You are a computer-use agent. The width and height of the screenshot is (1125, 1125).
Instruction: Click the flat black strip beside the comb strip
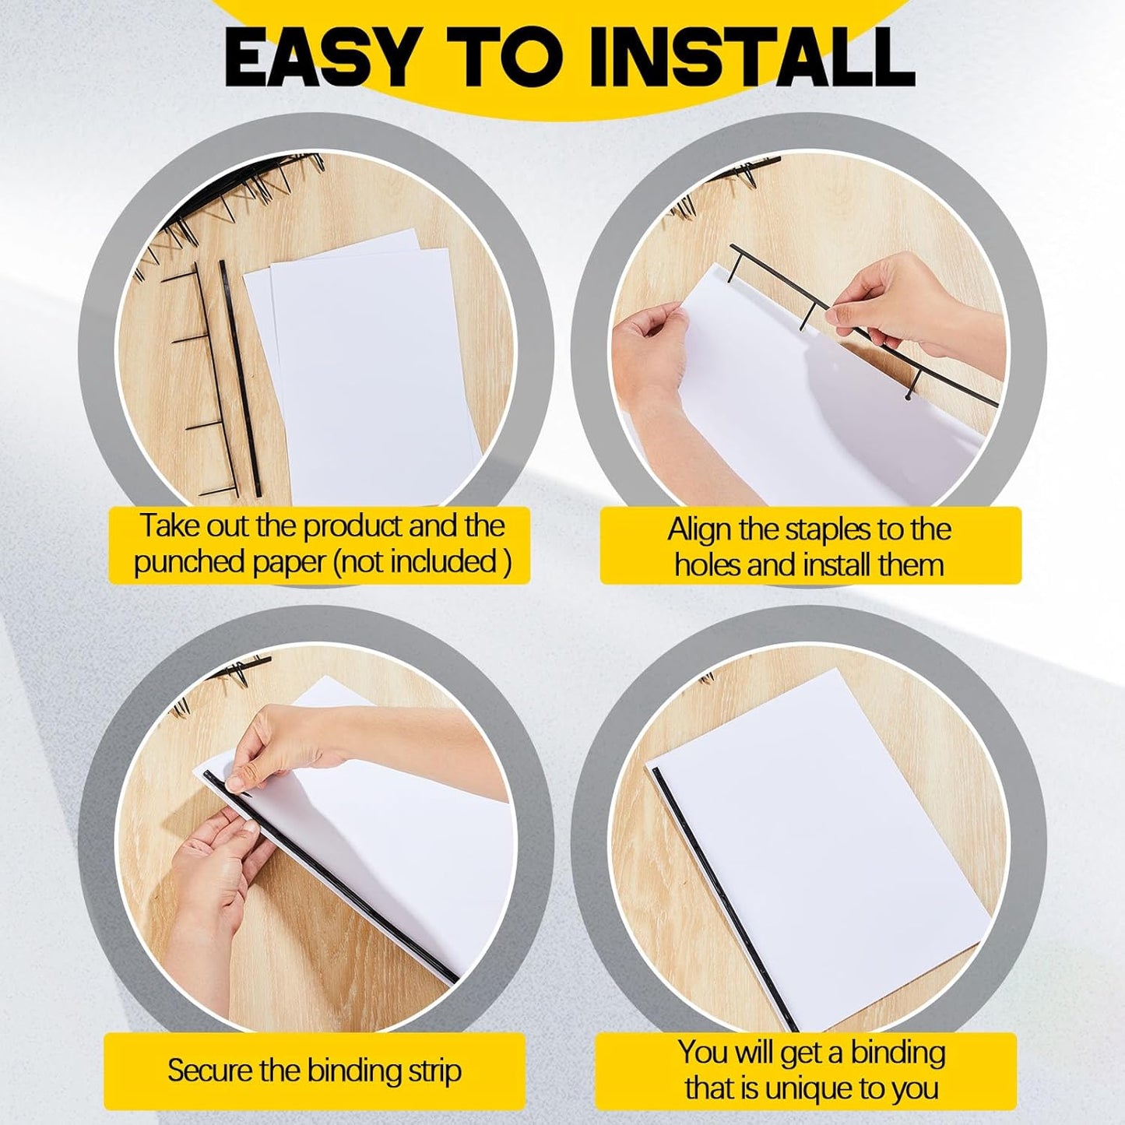coord(239,378)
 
